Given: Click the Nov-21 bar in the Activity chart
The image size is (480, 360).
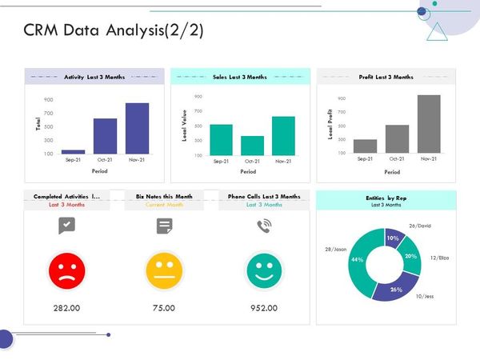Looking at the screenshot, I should [137, 128].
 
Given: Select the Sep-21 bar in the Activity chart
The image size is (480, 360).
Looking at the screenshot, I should [73, 151].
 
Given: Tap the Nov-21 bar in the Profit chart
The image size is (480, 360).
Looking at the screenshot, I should [429, 124].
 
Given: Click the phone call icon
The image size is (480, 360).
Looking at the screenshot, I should [263, 226].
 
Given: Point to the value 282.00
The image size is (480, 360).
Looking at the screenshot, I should [66, 308].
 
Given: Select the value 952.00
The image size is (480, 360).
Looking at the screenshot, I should [263, 308].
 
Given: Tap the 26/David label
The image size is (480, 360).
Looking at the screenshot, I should [419, 226].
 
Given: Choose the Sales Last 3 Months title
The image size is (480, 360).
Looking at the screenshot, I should [240, 77].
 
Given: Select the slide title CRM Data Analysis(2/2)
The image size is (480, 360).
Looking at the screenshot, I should [114, 30].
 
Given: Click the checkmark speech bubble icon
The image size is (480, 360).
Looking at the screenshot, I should [66, 226].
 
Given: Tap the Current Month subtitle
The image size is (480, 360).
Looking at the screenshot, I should [165, 205].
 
